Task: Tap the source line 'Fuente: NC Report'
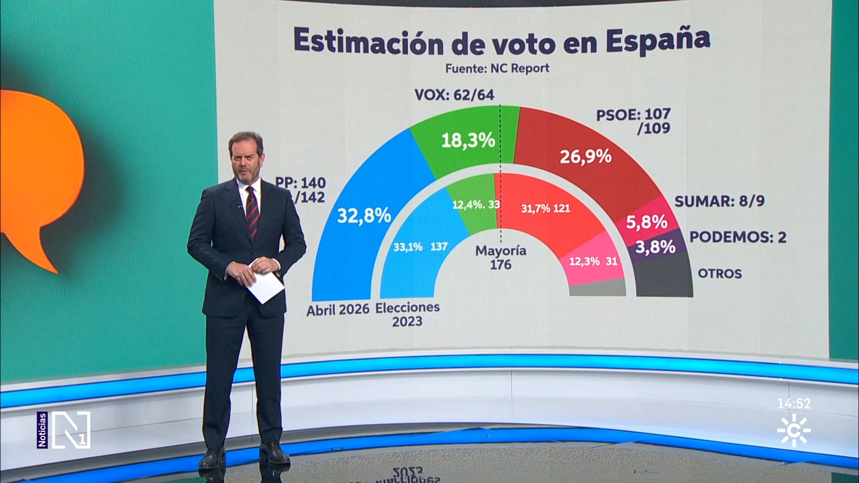(x=497, y=68)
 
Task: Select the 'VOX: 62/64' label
(x=454, y=95)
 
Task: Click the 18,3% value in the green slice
(x=468, y=140)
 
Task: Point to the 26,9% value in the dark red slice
(x=585, y=156)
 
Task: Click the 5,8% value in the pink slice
(x=646, y=221)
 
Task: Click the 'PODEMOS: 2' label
(x=738, y=237)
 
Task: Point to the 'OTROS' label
(x=719, y=274)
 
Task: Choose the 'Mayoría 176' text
(x=501, y=258)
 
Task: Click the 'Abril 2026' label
(x=338, y=310)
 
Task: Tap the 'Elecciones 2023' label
(x=407, y=314)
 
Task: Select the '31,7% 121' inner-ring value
(x=546, y=208)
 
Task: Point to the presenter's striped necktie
(x=252, y=211)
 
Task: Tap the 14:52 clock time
(x=794, y=404)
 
